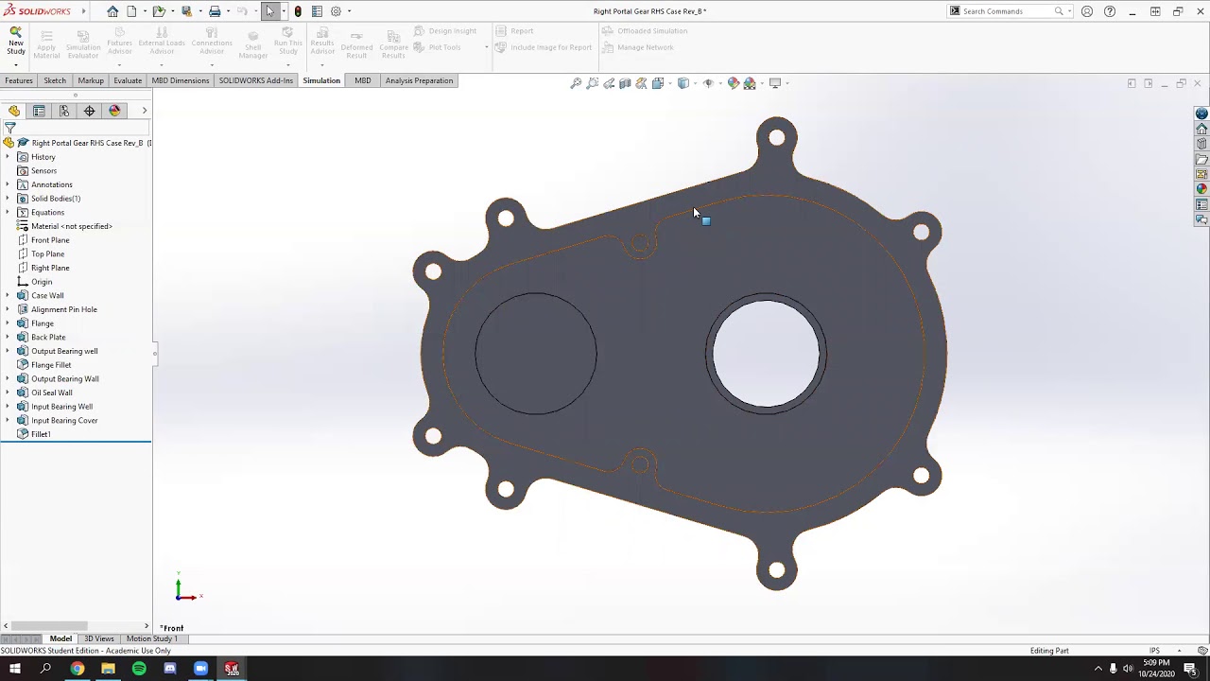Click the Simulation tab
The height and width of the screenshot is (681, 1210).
321,80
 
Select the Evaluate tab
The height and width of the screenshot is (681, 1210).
128,80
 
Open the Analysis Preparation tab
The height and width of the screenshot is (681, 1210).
419,80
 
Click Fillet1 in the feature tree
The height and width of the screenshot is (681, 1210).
41,434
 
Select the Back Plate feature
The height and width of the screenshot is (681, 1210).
48,337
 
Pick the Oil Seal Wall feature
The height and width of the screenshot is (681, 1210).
51,393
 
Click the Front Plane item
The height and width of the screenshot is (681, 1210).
50,240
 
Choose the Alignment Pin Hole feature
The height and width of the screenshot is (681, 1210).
63,309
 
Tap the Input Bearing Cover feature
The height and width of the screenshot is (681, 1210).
64,420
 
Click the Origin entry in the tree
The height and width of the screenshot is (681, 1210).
42,282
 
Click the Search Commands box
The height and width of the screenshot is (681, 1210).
1006,11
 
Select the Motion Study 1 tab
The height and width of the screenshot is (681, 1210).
151,638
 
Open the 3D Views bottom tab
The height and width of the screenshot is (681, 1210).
98,638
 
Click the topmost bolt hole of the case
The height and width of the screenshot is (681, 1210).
776,138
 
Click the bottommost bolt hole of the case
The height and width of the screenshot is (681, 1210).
776,569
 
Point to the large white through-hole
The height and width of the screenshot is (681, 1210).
766,354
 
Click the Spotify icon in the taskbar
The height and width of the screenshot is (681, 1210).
139,669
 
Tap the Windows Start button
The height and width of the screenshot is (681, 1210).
15,669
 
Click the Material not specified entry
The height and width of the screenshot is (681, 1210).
71,226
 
